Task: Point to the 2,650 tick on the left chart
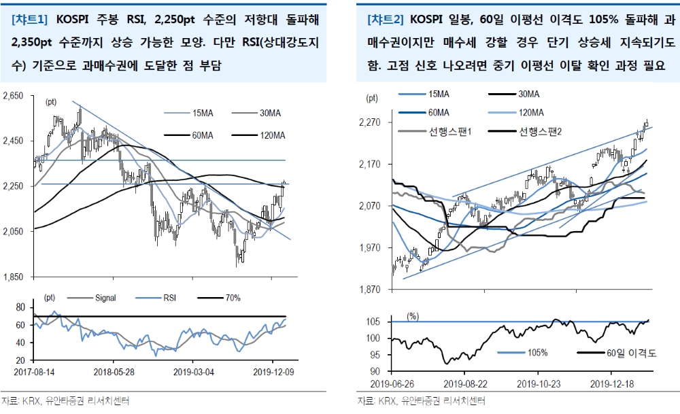13,97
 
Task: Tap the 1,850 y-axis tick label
13,277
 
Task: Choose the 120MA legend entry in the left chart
271,135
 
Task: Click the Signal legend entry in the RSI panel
105,298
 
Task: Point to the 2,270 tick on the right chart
371,122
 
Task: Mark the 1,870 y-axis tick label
371,290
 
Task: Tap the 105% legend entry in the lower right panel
537,353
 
